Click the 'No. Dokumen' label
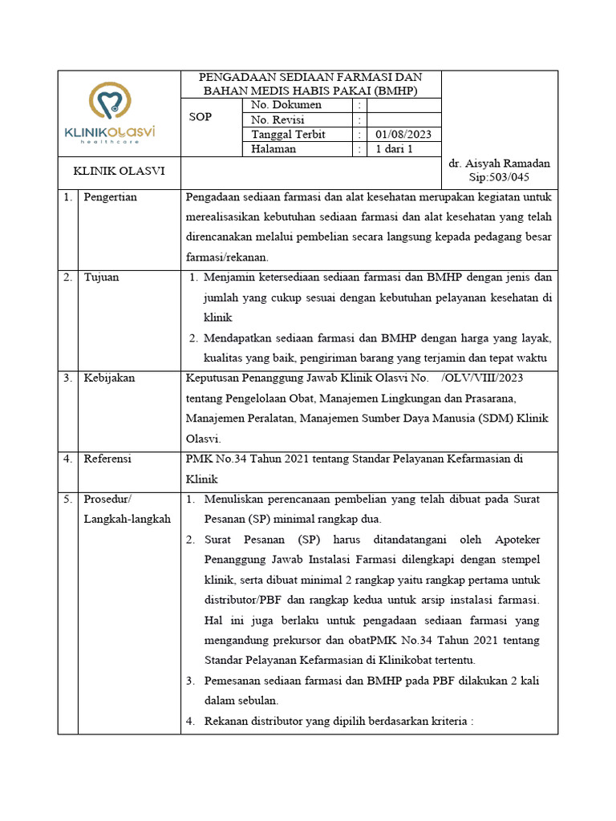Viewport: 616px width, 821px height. pos(286,105)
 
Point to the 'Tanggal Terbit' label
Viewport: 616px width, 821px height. pos(288,135)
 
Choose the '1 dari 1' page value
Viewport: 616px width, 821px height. pos(394,149)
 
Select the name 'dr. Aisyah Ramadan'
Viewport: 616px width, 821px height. pos(500,164)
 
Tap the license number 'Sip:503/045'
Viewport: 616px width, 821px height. pos(499,177)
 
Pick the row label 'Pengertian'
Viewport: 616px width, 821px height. pos(110,197)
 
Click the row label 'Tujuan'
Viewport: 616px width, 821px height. pos(101,277)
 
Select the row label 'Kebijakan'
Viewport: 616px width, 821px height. pos(109,378)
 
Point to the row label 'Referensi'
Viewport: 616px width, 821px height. pos(107,459)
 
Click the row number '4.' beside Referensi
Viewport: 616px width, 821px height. pos(67,459)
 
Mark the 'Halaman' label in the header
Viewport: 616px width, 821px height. pos(274,149)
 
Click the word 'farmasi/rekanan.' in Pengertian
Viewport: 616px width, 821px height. pos(226,257)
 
